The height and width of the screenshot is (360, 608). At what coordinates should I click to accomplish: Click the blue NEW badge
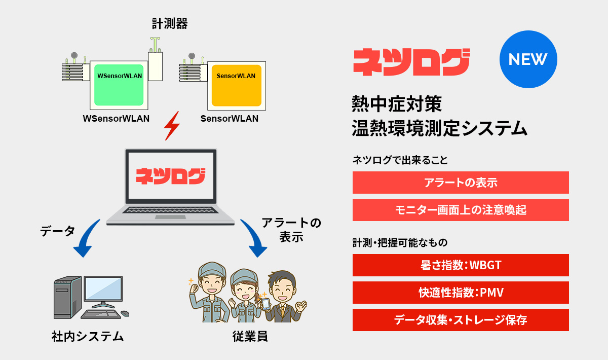[x=528, y=59]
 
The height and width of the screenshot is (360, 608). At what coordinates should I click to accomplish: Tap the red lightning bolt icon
[x=172, y=125]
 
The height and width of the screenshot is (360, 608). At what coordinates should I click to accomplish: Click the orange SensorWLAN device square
[x=236, y=85]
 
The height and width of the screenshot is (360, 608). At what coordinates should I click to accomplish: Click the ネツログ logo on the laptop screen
[x=170, y=176]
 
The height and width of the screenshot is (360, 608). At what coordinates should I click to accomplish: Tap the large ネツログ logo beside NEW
[x=411, y=62]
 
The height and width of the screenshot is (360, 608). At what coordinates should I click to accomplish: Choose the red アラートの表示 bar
[x=461, y=183]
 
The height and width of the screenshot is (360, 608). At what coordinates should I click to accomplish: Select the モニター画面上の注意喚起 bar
[x=461, y=210]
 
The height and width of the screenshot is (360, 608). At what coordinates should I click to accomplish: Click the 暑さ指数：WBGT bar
[x=461, y=265]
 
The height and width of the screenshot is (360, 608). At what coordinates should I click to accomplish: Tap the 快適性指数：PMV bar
[x=461, y=293]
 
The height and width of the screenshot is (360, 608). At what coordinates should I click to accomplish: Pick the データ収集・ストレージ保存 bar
[x=461, y=320]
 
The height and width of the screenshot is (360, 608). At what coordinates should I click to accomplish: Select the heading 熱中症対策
[x=397, y=104]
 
